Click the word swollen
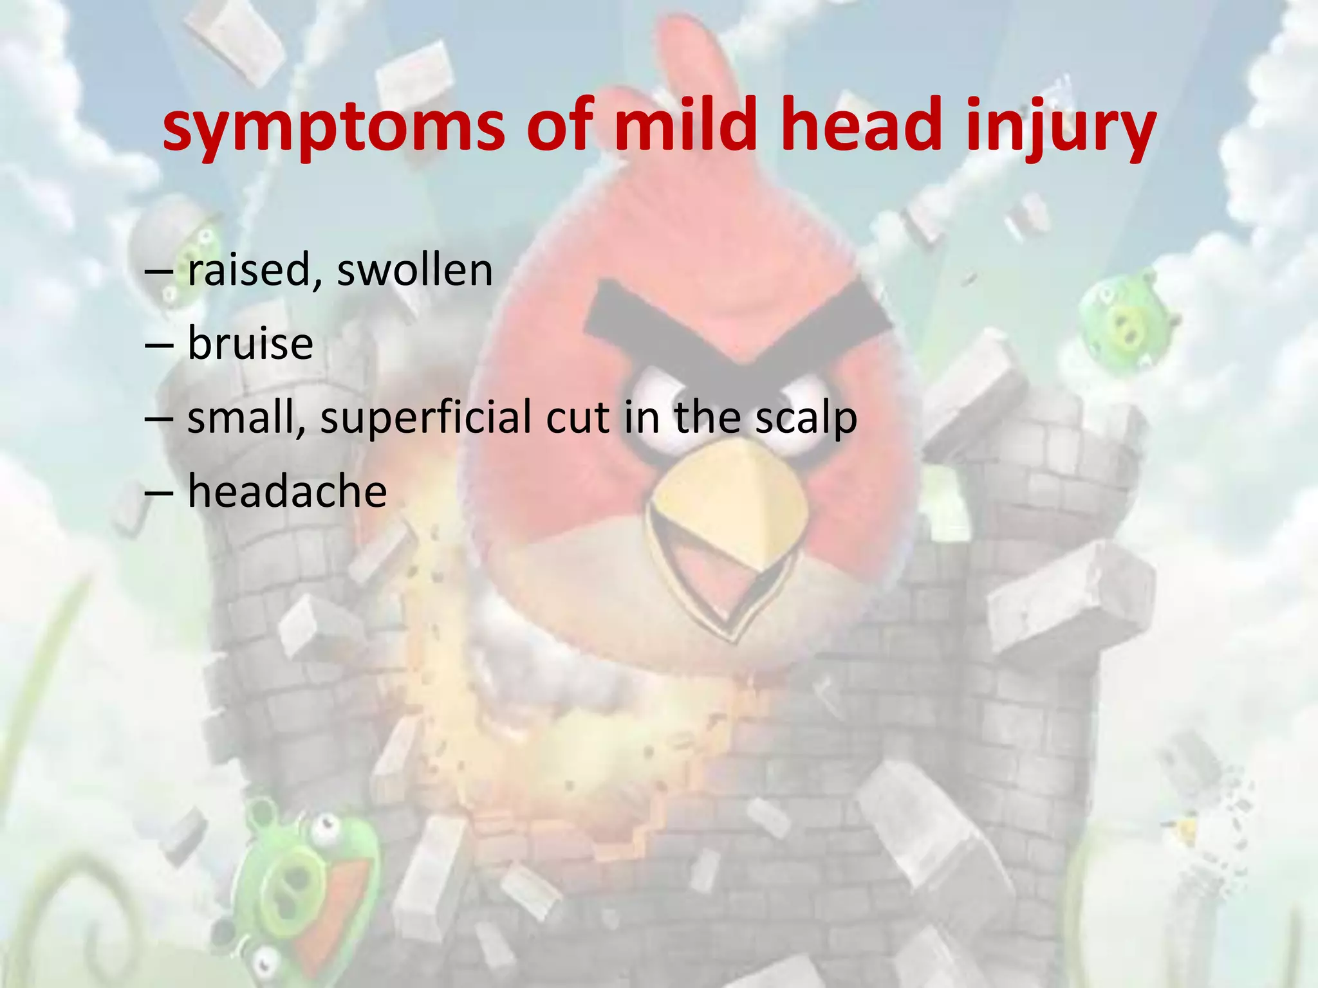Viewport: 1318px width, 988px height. [x=414, y=270]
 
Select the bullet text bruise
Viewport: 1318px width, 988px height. [x=250, y=343]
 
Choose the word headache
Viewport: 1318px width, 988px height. [x=287, y=491]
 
